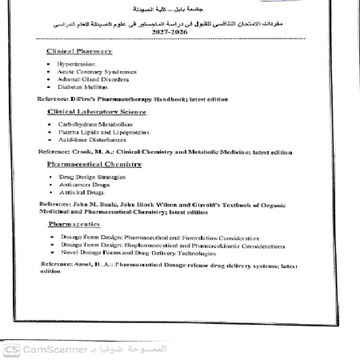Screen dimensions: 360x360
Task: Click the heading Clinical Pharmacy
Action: pyautogui.click(x=79, y=51)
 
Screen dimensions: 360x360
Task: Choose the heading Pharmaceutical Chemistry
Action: pyautogui.click(x=94, y=163)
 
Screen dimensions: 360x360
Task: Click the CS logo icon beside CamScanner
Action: pyautogui.click(x=11, y=350)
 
